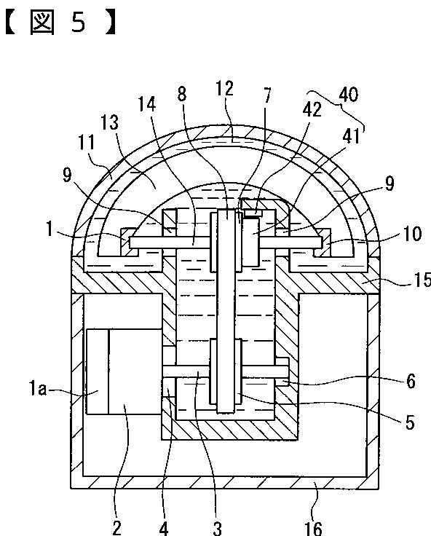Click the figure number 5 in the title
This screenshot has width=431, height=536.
(79, 22)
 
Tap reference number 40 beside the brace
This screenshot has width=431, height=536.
(348, 95)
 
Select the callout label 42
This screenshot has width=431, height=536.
(312, 109)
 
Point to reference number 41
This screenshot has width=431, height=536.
(351, 136)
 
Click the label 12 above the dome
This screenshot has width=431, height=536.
(224, 88)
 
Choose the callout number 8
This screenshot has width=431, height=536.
(182, 94)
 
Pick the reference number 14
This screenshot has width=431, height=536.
(146, 104)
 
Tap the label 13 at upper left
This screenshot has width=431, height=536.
(110, 122)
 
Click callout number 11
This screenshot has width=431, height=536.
(86, 142)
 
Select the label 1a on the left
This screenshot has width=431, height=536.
(38, 389)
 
